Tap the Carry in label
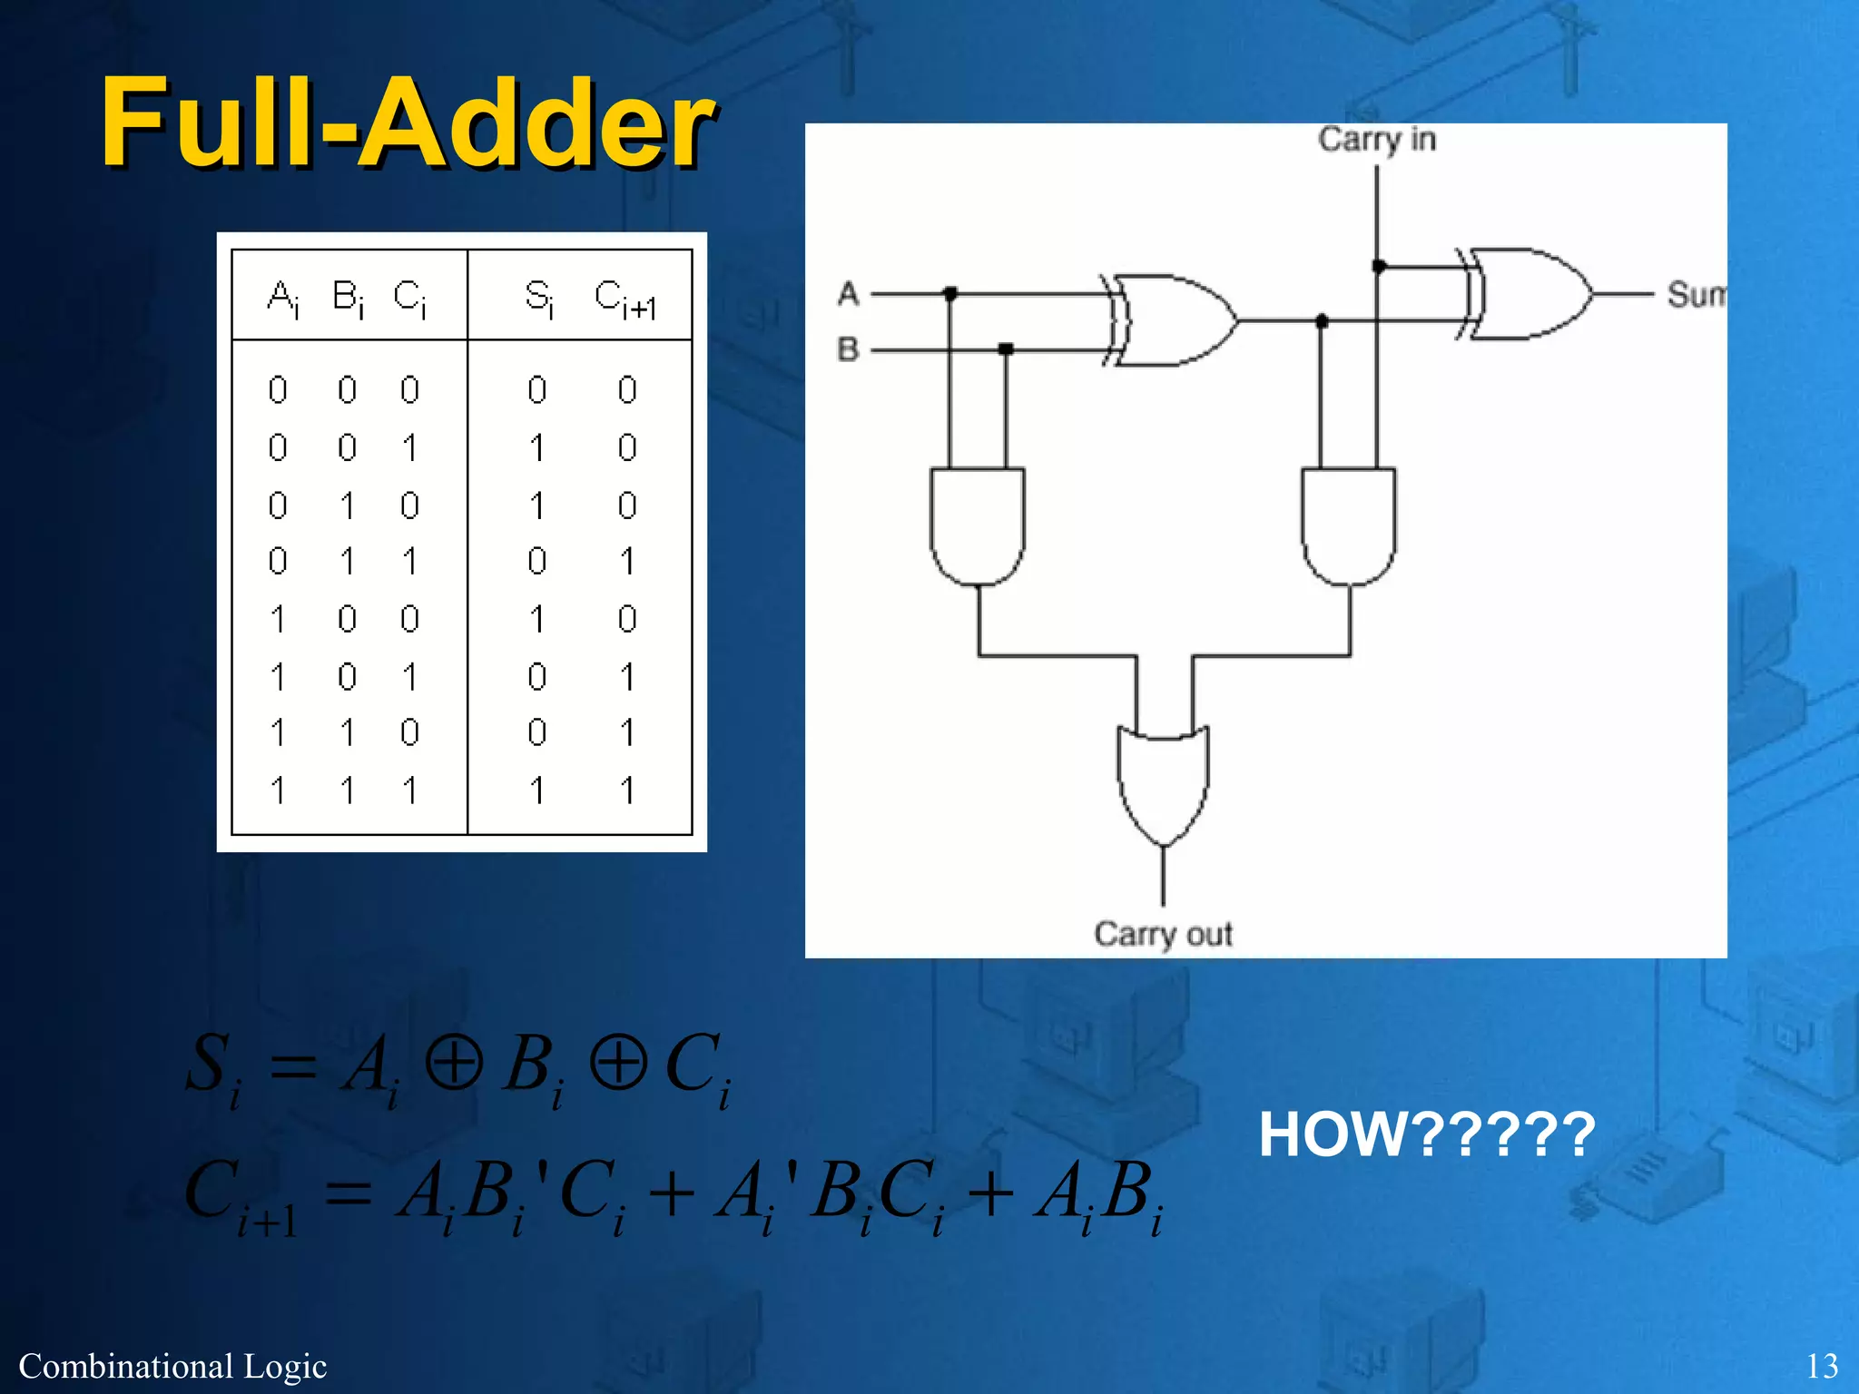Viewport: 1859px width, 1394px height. pyautogui.click(x=1376, y=140)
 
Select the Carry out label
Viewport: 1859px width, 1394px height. pyautogui.click(x=1163, y=934)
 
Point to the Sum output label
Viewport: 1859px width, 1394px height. pyautogui.click(x=1696, y=295)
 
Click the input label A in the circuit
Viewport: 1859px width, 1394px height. pyautogui.click(x=848, y=293)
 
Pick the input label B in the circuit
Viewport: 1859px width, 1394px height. pyautogui.click(x=848, y=348)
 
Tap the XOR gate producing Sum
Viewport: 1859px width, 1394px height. pyautogui.click(x=1529, y=294)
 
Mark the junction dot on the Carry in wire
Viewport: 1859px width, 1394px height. pyautogui.click(x=1378, y=266)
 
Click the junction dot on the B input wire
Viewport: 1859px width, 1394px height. pyautogui.click(x=1006, y=349)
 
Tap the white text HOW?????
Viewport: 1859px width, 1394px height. pyautogui.click(x=1426, y=1134)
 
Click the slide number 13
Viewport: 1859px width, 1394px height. pyautogui.click(x=1822, y=1366)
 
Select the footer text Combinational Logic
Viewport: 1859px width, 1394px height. pyautogui.click(x=172, y=1366)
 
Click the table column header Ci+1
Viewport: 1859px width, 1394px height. pyautogui.click(x=625, y=299)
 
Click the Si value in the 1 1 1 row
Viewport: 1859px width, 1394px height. pyautogui.click(x=537, y=790)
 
